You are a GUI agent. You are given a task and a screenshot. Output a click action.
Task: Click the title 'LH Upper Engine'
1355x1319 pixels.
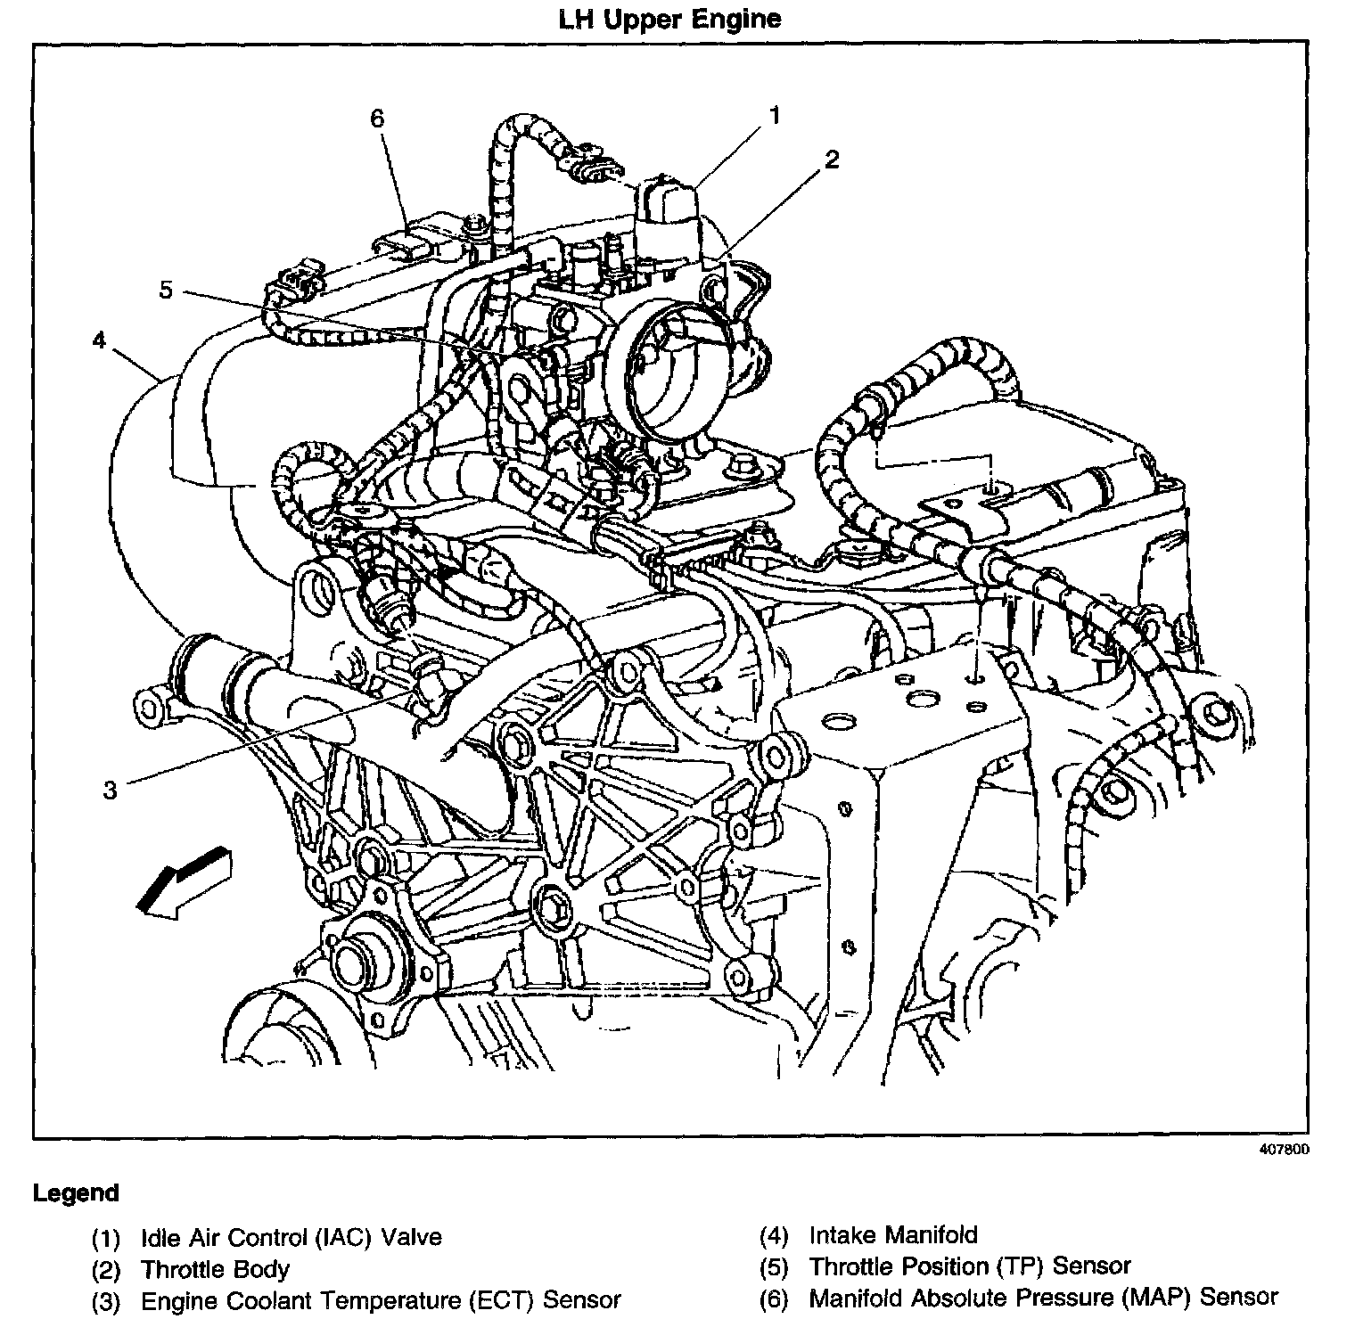tap(669, 19)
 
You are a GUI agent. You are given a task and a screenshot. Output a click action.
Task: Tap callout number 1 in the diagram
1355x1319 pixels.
tap(775, 115)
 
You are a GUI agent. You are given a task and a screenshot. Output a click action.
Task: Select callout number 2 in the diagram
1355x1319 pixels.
tap(831, 160)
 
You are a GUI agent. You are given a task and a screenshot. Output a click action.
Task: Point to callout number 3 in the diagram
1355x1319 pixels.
tap(110, 790)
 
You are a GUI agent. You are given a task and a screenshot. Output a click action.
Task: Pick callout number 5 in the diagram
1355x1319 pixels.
tap(166, 290)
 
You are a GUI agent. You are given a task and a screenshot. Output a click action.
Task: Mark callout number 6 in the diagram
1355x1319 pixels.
tap(377, 119)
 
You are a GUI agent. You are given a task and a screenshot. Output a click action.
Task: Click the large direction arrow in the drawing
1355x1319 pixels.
tap(183, 881)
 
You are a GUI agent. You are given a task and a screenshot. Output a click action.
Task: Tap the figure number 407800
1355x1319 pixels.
tap(1284, 1150)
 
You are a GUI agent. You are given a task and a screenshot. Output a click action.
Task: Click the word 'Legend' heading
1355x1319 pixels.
tap(76, 1192)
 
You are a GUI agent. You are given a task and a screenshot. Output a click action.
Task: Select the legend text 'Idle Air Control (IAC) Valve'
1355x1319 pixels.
tap(292, 1237)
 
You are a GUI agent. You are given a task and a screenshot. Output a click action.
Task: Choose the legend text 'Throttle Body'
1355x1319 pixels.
tap(215, 1269)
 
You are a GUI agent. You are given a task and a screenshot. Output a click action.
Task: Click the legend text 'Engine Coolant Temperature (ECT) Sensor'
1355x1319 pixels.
tap(381, 1300)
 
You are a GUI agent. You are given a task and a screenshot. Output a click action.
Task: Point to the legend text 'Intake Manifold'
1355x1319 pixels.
tap(893, 1235)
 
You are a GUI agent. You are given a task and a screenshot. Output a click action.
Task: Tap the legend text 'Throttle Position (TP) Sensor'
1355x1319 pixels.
tap(970, 1266)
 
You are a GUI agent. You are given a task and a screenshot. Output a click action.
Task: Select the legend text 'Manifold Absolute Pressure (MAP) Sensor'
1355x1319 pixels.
tap(1044, 1298)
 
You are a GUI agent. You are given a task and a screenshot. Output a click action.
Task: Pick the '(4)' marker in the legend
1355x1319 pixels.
tap(775, 1236)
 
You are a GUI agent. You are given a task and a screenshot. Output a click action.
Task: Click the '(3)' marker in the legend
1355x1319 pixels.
tap(106, 1301)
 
